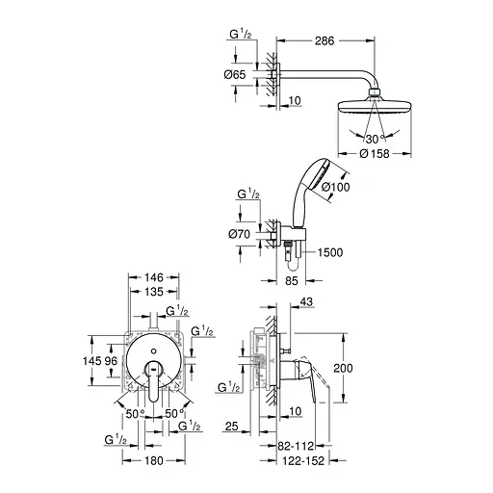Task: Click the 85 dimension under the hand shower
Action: [x=293, y=283]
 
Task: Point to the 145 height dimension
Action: [x=93, y=361]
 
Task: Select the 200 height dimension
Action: [x=356, y=368]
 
